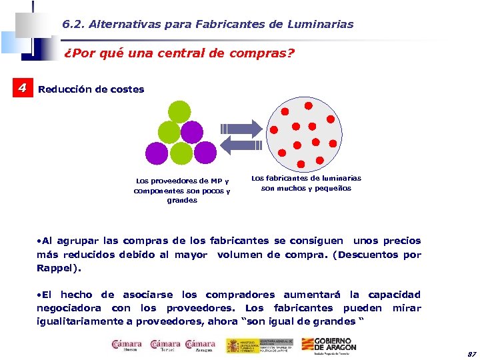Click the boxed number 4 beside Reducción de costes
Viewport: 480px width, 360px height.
(23, 88)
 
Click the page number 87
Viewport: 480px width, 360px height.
(472, 353)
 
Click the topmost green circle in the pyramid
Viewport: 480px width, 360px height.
(179, 111)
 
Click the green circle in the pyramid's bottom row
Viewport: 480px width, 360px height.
(180, 154)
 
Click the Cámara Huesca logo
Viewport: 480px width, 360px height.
(126, 346)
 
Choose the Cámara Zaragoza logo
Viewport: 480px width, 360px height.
(200, 346)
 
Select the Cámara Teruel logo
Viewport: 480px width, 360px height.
(165, 346)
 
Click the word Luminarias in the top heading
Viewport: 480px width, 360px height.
(325, 24)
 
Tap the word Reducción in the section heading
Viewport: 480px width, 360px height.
(61, 89)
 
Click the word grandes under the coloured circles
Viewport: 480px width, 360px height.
(182, 200)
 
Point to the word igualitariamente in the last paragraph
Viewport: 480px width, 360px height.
(78, 321)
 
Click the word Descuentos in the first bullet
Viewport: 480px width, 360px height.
(367, 255)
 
